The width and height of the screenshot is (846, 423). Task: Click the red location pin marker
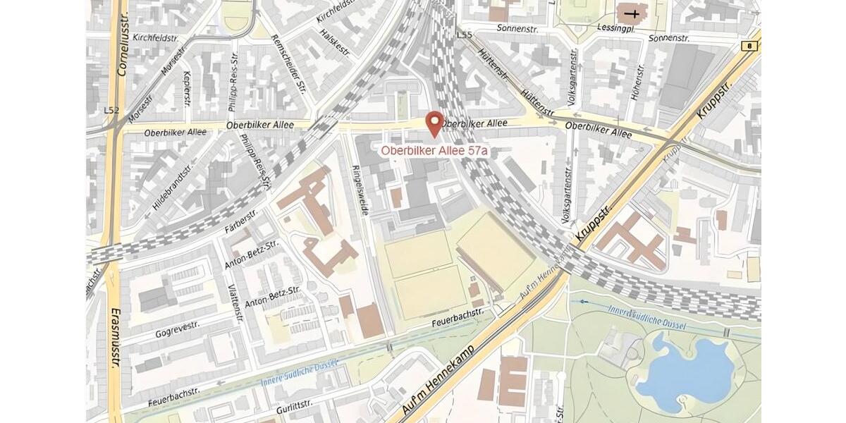point(435,123)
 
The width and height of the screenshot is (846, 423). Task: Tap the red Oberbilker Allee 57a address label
point(435,150)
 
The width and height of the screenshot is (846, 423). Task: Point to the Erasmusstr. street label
point(115,338)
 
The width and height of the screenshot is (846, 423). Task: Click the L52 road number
point(111,111)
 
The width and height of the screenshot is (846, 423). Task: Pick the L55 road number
point(464,35)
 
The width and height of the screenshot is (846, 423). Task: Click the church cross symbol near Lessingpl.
point(636,13)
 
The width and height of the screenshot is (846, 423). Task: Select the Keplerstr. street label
point(187,88)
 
